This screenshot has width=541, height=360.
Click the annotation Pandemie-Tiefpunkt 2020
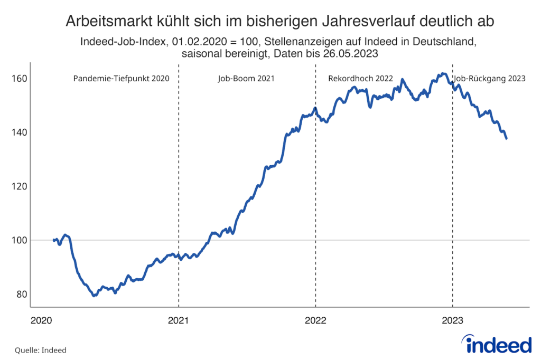tap(120, 79)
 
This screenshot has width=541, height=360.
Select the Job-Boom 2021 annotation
tap(246, 79)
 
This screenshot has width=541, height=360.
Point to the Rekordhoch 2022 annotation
tap(360, 79)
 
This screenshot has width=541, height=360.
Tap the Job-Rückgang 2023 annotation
tap(490, 79)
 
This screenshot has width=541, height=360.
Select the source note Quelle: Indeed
tap(36, 349)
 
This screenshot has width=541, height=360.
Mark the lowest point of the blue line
tap(94, 296)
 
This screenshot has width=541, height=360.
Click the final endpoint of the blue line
tap(507, 139)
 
